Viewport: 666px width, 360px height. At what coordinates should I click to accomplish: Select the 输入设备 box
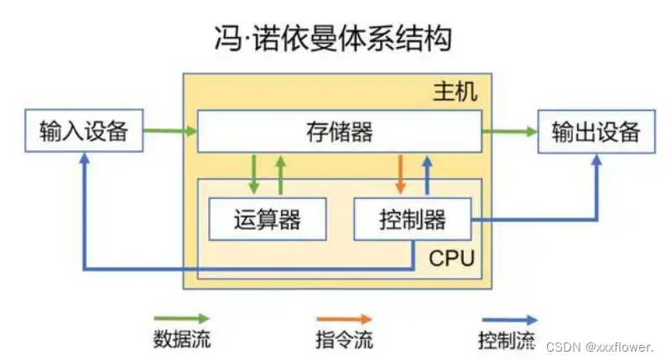point(83,131)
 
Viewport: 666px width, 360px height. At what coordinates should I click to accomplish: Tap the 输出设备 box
point(596,131)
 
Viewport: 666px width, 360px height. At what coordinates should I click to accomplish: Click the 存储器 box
point(339,131)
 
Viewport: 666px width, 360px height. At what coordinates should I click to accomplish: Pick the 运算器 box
point(267,219)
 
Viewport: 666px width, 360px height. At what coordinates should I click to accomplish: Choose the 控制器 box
point(413,219)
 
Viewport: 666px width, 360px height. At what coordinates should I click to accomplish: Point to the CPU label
point(452,258)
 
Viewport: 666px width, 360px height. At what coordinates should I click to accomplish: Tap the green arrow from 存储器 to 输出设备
point(509,131)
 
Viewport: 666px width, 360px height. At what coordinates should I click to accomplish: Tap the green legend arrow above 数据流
point(181,319)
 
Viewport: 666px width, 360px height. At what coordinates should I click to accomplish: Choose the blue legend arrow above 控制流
point(508,319)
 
